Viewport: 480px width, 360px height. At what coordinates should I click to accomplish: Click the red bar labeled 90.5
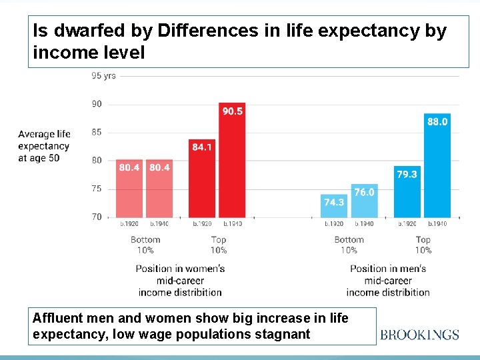pos(232,160)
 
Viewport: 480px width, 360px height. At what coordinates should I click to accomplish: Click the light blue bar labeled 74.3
pos(334,206)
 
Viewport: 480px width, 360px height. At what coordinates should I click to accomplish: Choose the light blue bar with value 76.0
pos(364,201)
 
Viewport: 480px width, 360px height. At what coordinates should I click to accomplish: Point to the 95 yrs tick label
pos(103,75)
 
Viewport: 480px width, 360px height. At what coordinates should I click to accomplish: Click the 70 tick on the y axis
pos(97,217)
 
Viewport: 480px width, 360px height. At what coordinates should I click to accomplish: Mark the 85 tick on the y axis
pos(97,132)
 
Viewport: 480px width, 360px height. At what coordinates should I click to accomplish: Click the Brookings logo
pos(419,334)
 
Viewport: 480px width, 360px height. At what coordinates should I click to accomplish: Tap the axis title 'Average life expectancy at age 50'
pos(44,146)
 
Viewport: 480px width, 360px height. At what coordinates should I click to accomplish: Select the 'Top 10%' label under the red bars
pos(219,245)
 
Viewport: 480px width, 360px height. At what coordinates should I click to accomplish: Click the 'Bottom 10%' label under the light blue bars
pos(349,245)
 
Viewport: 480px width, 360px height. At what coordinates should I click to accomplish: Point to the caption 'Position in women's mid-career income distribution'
pos(180,280)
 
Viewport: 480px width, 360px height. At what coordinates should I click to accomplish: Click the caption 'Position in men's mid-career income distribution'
pos(388,280)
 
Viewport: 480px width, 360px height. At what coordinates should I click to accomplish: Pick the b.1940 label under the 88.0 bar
pos(437,224)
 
